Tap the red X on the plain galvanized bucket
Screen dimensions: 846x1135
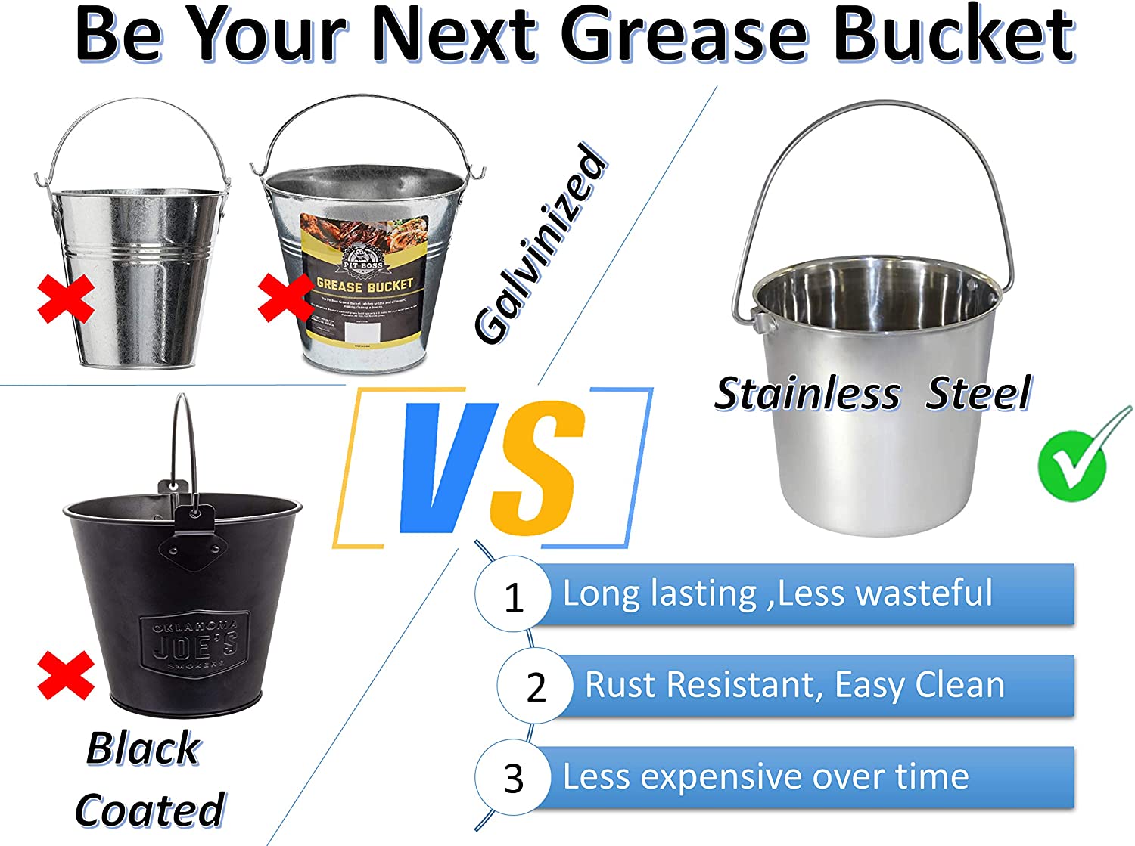[x=66, y=299]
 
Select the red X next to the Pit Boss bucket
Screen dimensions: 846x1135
[x=285, y=297]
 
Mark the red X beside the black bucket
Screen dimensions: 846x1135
[x=66, y=674]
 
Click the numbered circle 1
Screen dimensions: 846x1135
[x=513, y=597]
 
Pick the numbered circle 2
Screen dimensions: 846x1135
[x=535, y=687]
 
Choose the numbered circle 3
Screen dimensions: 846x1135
[x=513, y=779]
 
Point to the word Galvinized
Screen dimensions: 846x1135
[x=540, y=244]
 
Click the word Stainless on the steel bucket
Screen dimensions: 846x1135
[x=807, y=394]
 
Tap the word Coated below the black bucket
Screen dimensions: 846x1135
[x=150, y=810]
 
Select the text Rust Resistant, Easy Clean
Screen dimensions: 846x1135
[x=794, y=686]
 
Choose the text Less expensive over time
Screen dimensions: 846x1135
[x=766, y=777]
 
